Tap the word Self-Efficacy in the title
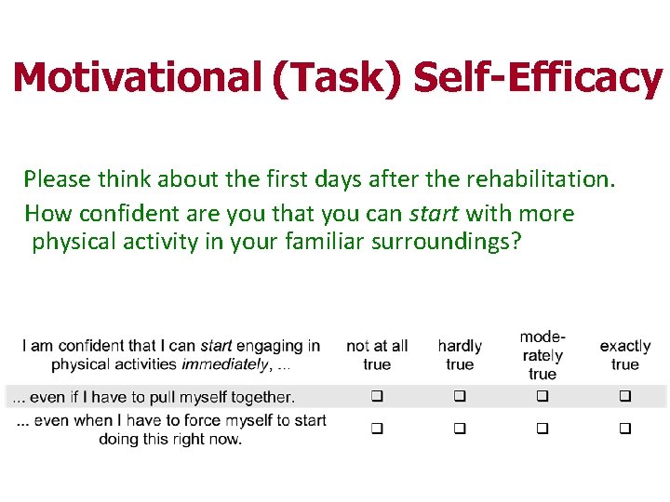[x=537, y=77]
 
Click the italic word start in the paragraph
[x=434, y=213]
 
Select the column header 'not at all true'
[x=377, y=355]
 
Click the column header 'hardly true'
[x=460, y=355]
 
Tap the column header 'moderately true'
[x=543, y=355]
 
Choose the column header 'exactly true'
[x=625, y=355]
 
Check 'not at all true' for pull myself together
[x=377, y=397]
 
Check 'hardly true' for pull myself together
[x=460, y=397]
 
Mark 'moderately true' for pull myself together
[x=543, y=397]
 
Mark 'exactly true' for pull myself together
[x=625, y=397]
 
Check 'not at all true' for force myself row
[x=377, y=429]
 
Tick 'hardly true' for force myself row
[x=460, y=429]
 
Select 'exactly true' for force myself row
[x=625, y=429]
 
